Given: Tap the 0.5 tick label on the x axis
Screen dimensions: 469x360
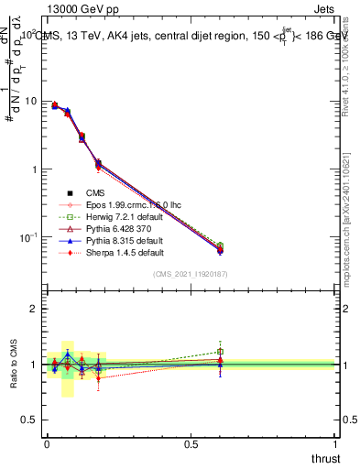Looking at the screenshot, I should [191, 443].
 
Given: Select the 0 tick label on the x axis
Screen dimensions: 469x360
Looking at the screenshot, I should [47, 443].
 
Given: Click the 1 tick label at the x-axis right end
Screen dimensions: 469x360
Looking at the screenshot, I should [335, 443].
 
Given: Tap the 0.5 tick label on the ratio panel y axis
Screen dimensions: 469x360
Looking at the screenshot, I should [31, 420].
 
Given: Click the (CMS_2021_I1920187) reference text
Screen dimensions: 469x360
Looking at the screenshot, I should [191, 274].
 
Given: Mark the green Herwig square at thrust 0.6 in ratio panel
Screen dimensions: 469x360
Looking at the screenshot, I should [220, 351].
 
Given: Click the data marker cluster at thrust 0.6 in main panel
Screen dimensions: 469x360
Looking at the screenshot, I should [220, 248].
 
